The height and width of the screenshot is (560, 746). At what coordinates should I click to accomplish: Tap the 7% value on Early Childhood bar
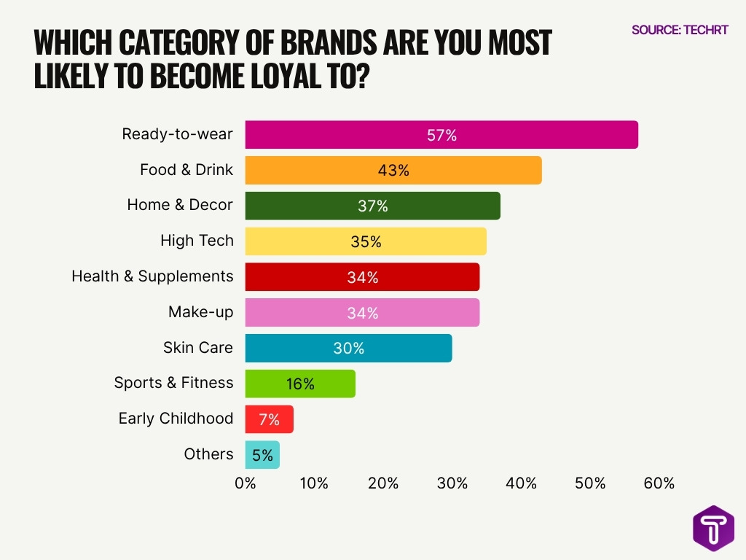click(269, 419)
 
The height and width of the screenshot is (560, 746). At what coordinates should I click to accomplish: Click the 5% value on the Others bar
click(262, 455)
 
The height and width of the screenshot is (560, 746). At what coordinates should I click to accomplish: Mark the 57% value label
click(441, 135)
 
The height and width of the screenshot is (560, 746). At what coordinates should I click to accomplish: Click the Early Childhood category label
click(176, 419)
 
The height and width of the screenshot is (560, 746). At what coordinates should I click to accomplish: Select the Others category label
click(208, 454)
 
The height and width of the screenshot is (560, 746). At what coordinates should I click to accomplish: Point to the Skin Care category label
click(198, 347)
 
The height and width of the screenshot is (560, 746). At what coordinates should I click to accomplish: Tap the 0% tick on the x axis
click(246, 483)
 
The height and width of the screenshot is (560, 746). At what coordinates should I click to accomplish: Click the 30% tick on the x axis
click(452, 483)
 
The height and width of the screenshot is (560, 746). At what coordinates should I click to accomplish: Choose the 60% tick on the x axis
click(659, 483)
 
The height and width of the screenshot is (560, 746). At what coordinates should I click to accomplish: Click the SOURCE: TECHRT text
click(679, 30)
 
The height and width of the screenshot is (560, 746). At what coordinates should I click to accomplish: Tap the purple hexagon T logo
click(713, 529)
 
